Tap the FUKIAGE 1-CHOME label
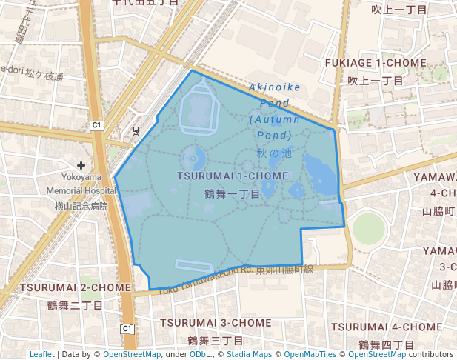(x=376, y=63)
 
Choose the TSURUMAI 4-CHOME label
(x=387, y=327)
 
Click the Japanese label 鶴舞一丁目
(x=232, y=193)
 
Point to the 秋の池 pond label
(x=274, y=153)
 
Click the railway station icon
(x=136, y=131)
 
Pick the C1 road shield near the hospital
(x=97, y=126)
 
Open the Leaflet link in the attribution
(x=42, y=354)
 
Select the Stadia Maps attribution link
(x=248, y=354)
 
